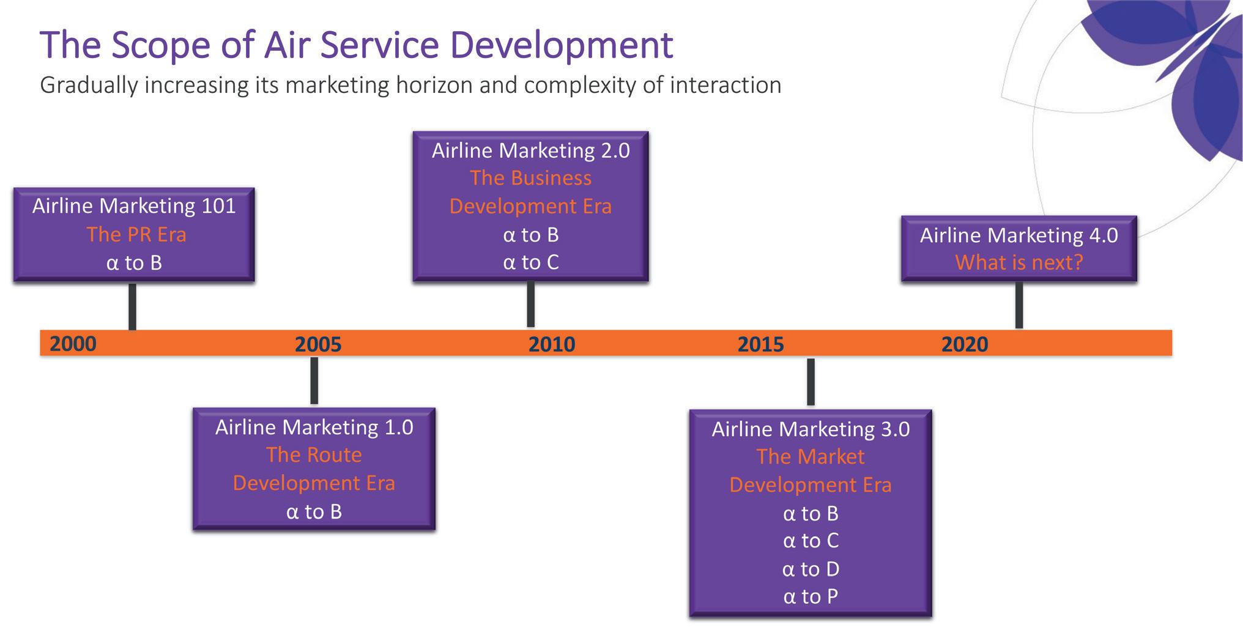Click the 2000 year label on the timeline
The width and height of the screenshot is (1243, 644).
coord(73,344)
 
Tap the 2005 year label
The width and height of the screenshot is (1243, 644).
coord(318,344)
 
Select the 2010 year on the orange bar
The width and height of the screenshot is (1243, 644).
coord(552,344)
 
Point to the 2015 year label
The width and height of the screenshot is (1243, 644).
coord(760,344)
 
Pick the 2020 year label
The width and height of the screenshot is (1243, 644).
coord(965,344)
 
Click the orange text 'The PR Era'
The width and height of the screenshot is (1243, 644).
coord(136,234)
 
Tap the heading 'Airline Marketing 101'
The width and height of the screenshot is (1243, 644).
coord(134,206)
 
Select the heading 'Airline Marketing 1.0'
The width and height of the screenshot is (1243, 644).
coord(314,427)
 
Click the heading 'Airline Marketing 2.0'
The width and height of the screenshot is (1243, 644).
coord(531,151)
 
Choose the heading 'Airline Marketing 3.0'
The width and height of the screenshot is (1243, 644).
coord(811,429)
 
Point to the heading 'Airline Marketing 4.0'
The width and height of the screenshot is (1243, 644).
coord(1019,235)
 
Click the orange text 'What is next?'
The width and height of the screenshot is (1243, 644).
coord(1019,262)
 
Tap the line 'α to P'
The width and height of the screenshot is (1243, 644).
coord(811,596)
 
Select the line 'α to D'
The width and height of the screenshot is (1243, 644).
coord(811,569)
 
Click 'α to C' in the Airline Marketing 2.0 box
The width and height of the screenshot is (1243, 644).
coord(531,262)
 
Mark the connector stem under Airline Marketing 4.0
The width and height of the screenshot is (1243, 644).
coord(1019,305)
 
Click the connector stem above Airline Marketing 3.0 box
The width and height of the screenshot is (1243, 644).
coord(811,382)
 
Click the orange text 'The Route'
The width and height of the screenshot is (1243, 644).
coord(314,455)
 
